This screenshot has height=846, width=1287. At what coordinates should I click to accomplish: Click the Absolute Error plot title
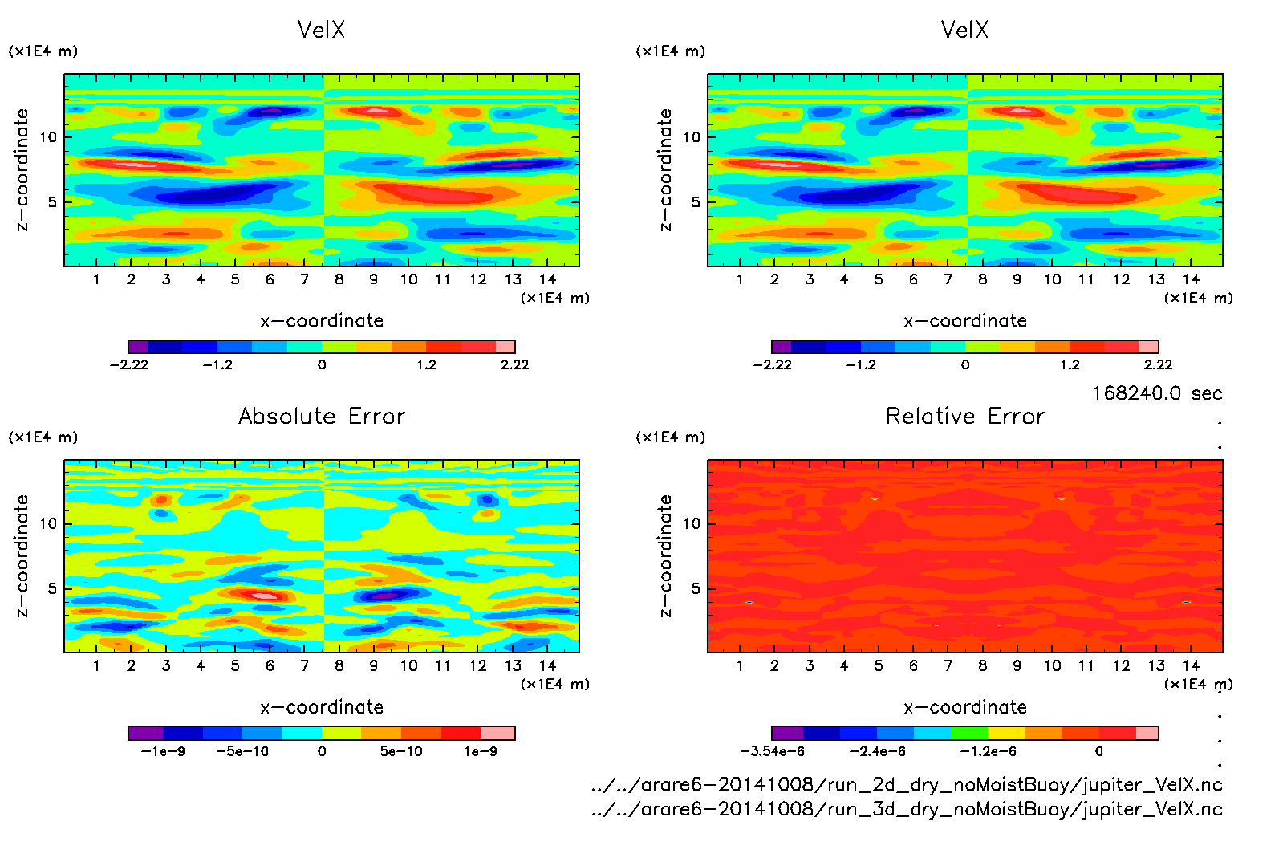(x=322, y=417)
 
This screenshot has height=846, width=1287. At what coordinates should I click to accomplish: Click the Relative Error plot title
(x=965, y=417)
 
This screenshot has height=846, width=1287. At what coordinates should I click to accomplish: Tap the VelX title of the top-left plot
(x=321, y=31)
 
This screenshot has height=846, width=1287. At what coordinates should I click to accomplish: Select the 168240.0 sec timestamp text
(x=1157, y=393)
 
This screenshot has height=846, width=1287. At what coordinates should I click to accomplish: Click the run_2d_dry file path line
(x=907, y=785)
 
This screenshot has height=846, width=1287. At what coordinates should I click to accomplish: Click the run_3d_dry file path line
(x=907, y=809)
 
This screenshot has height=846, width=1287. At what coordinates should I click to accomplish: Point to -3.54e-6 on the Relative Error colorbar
(x=772, y=751)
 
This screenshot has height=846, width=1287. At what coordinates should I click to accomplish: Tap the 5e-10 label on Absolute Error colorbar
(x=401, y=751)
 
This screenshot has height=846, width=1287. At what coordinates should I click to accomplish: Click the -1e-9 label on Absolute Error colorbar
(x=163, y=751)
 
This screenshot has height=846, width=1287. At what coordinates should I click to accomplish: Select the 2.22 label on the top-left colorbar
(x=514, y=364)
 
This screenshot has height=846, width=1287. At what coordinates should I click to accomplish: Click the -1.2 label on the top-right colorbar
(x=861, y=364)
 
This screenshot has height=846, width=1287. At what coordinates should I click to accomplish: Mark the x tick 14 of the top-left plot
(x=547, y=279)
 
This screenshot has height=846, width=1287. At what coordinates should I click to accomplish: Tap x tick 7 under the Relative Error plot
(x=948, y=665)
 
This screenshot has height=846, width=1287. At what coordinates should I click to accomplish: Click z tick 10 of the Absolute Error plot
(x=48, y=524)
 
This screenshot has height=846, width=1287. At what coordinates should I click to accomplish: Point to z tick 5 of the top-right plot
(x=696, y=202)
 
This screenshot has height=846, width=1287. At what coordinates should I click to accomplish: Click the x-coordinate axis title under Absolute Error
(x=322, y=707)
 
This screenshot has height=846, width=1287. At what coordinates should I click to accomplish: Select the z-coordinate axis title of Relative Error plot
(x=665, y=555)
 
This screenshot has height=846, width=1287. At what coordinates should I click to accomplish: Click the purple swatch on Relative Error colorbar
(x=787, y=733)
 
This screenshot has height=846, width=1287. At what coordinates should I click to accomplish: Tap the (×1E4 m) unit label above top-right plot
(x=671, y=51)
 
